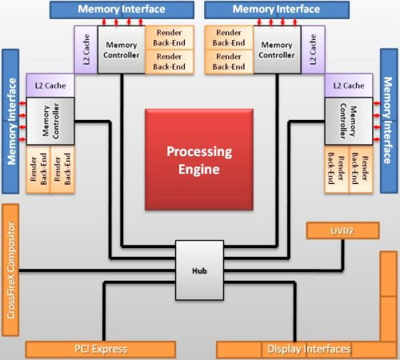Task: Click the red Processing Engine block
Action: coord(199,159)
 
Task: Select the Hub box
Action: coord(199,270)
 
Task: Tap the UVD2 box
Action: coord(343,230)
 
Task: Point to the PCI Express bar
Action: coord(101,350)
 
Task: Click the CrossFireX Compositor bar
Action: coord(10,270)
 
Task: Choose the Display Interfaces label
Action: coord(309,349)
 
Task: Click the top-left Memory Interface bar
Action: coord(122,10)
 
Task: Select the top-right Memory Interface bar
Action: coord(277,10)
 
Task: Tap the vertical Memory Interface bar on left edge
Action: coord(10,122)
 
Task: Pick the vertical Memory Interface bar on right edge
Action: coord(389,121)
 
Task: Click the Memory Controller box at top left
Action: coord(122,50)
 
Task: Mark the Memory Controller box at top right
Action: coord(277,50)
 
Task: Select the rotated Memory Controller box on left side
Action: coord(50,121)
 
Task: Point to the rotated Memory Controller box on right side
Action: coord(349,121)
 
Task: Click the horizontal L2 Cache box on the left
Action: coord(50,86)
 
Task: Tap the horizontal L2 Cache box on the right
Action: coord(349,86)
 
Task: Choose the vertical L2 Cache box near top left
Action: coord(86,50)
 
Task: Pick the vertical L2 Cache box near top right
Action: coord(313,50)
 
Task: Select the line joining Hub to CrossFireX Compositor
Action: coord(98,270)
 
